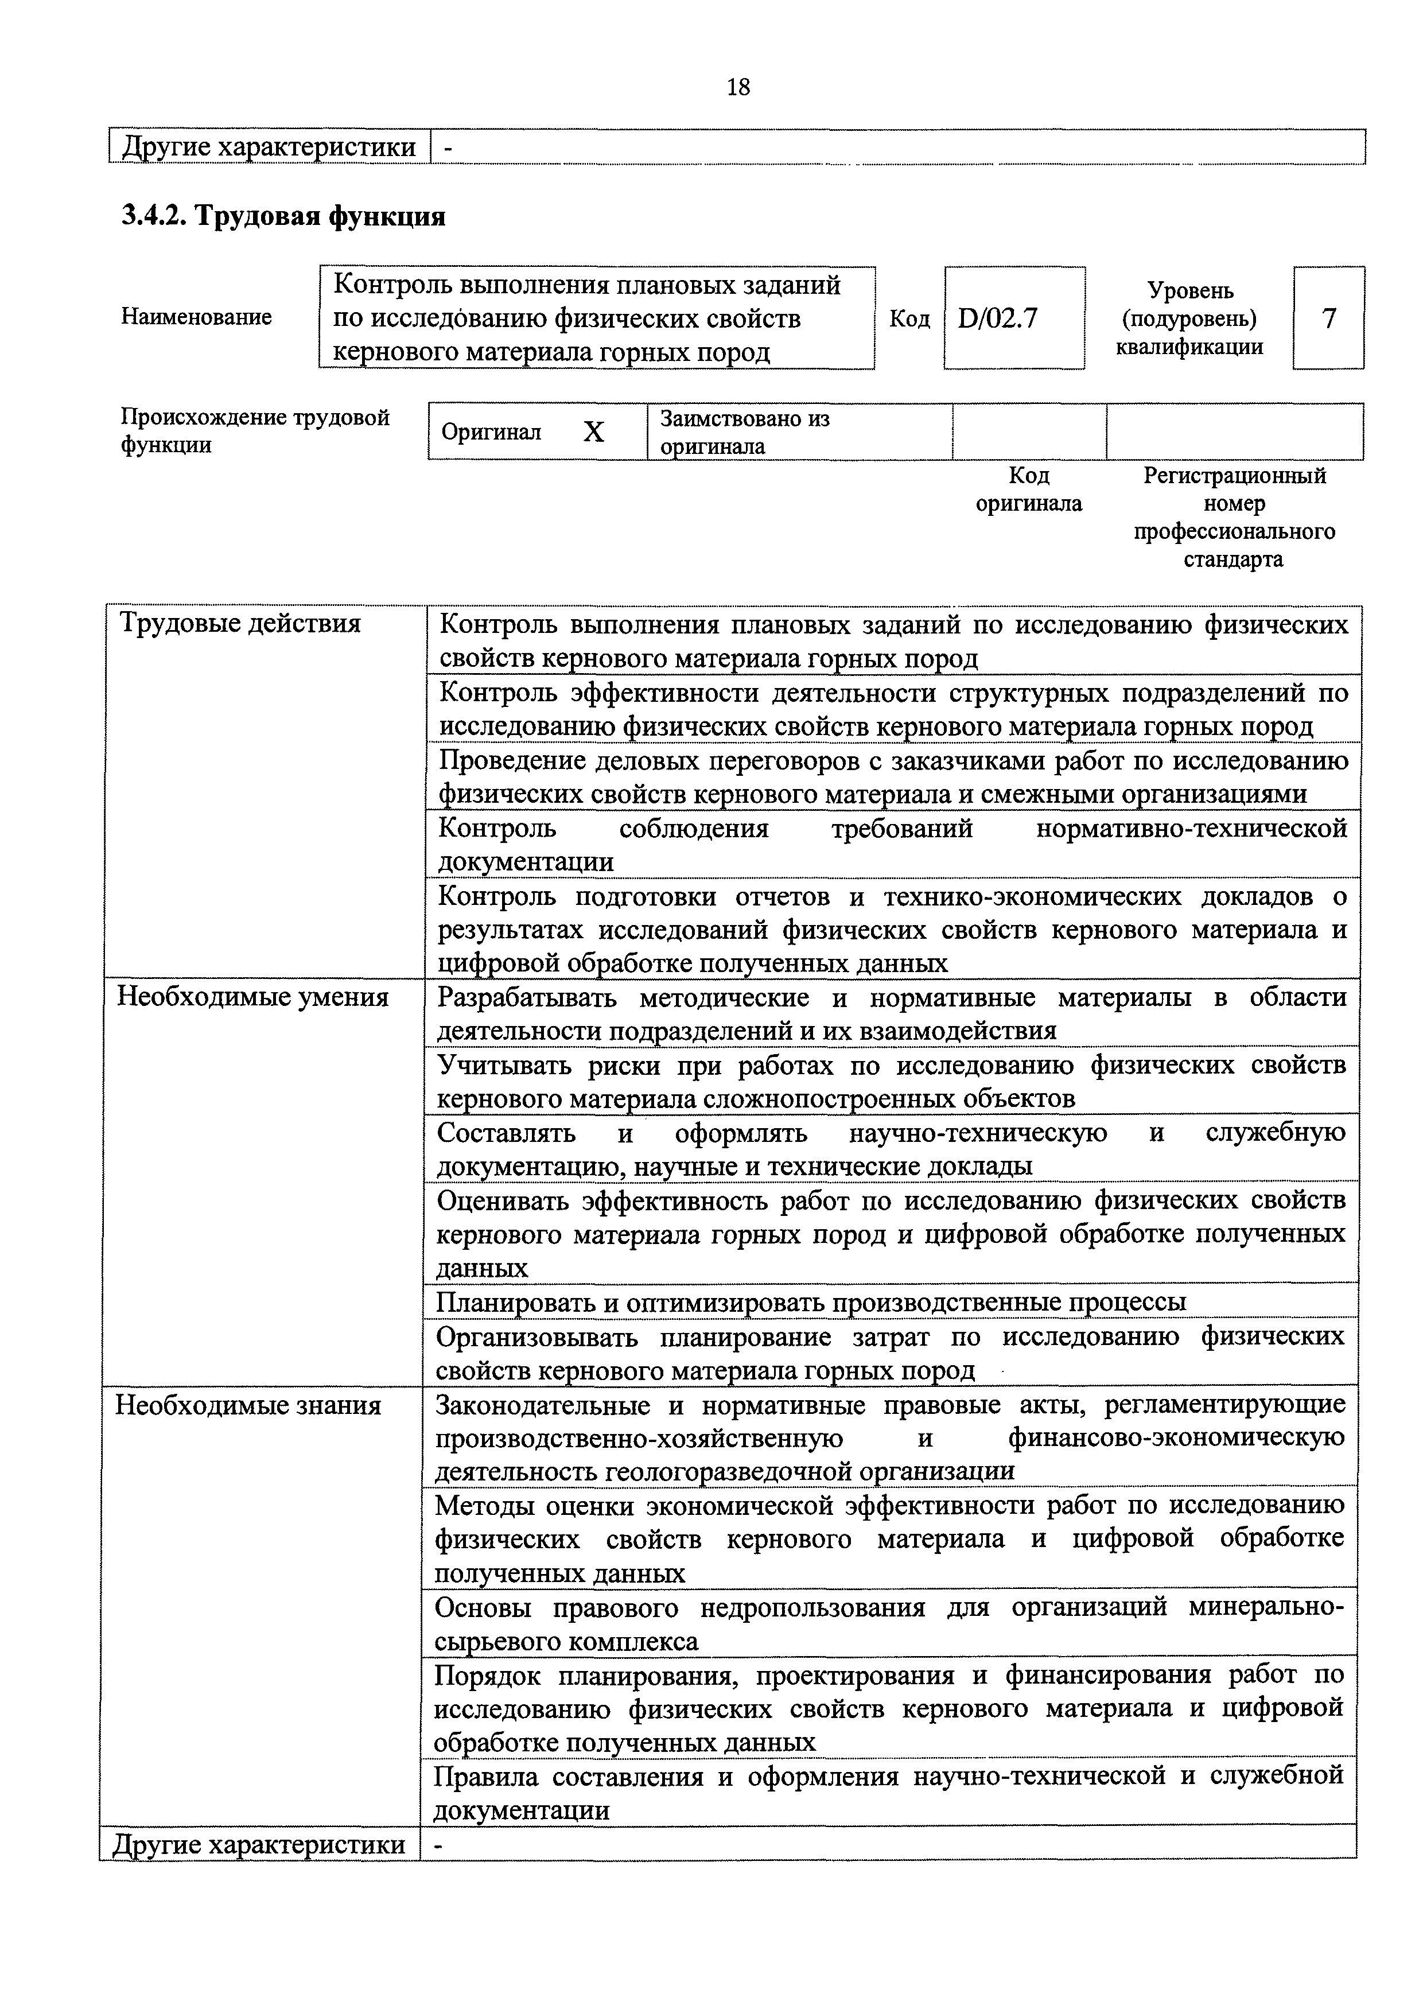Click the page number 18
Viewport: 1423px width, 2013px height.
tap(738, 87)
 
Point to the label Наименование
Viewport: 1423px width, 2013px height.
tap(196, 317)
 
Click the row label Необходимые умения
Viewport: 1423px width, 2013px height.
tap(252, 998)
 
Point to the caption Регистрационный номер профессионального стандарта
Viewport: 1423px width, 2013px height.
tap(1234, 516)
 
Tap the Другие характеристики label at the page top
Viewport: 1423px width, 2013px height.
tap(269, 146)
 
